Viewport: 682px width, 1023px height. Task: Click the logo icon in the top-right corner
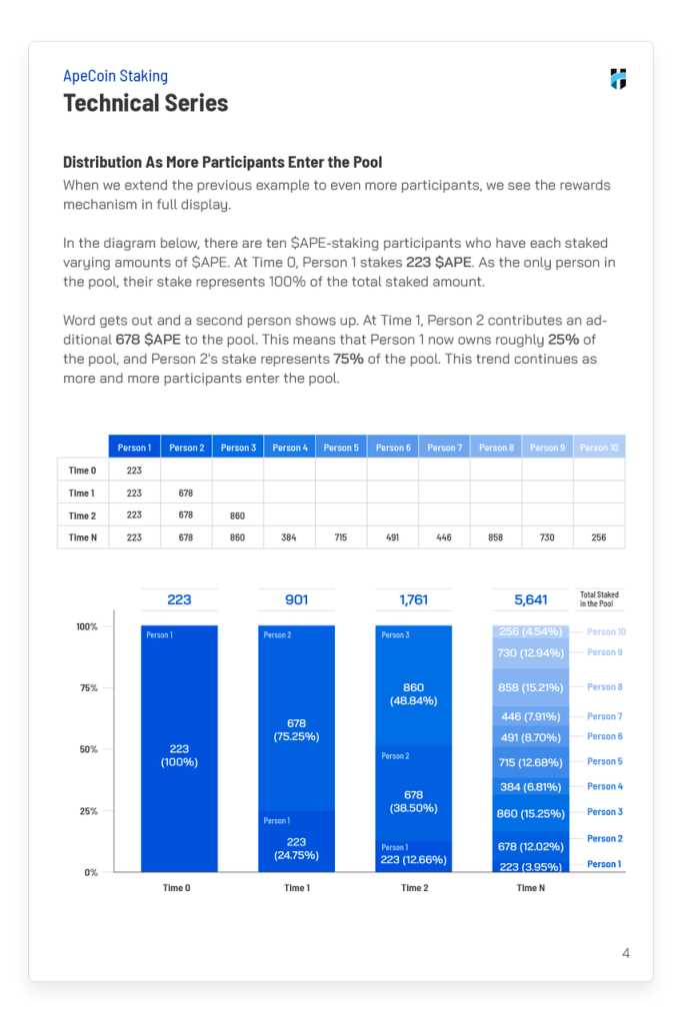[x=618, y=79]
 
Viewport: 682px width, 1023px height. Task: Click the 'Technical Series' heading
[x=145, y=103]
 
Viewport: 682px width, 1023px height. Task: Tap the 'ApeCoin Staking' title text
[x=115, y=76]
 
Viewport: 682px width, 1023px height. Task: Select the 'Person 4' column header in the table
[x=290, y=448]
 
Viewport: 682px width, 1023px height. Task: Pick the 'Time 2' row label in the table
[x=82, y=515]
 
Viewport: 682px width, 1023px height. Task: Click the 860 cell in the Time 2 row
[x=237, y=515]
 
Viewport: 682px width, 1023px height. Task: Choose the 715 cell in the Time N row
[x=340, y=537]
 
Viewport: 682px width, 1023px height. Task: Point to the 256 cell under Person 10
[x=598, y=537]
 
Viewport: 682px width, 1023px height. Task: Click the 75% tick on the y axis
[x=89, y=688]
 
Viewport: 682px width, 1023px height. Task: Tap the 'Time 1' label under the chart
[x=296, y=888]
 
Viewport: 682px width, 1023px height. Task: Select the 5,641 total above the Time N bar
[x=530, y=600]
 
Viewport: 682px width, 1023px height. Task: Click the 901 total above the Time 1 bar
[x=296, y=600]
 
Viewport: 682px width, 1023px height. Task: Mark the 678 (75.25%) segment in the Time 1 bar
[x=296, y=729]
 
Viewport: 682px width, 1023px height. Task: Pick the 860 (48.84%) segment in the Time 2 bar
[x=413, y=694]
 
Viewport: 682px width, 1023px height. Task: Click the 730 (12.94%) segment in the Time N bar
[x=531, y=652]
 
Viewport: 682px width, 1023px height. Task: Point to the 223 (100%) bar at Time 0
[x=179, y=754]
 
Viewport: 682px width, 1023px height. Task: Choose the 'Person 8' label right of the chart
[x=604, y=687]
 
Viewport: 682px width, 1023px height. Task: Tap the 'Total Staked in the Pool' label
[x=599, y=599]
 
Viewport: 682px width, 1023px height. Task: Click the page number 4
[x=626, y=953]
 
